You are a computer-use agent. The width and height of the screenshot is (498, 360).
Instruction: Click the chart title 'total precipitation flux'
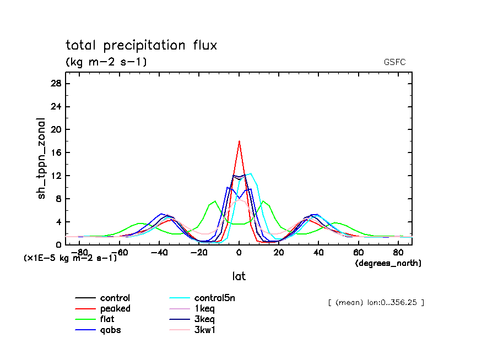click(141, 45)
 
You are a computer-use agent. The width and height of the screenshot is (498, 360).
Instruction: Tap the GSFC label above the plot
click(394, 62)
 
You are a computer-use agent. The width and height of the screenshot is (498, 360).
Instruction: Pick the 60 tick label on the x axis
click(359, 252)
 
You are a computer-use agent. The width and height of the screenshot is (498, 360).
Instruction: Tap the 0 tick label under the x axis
click(239, 252)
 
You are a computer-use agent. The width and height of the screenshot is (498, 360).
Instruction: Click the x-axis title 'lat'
click(239, 276)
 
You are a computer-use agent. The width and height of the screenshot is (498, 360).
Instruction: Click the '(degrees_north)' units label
click(388, 264)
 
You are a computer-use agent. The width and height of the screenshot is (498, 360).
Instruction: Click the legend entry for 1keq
click(203, 309)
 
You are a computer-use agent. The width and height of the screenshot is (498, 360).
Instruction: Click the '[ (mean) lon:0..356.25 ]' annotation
click(376, 302)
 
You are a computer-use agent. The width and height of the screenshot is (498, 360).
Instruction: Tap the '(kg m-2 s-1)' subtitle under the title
click(106, 62)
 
